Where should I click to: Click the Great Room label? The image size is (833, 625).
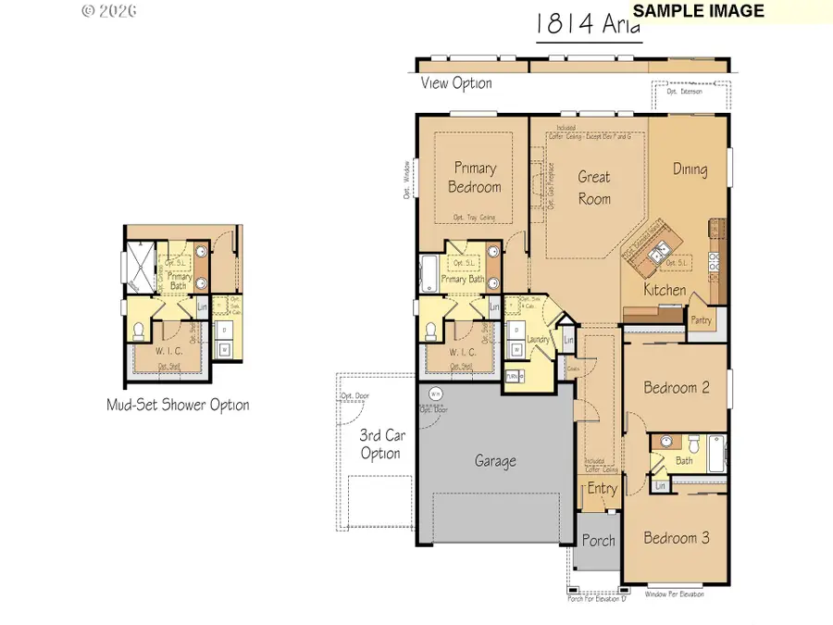coord(594,187)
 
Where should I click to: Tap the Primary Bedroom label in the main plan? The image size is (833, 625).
coord(475,178)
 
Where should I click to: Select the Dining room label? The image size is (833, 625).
coord(690,169)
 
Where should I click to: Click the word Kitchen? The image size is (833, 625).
coord(665,290)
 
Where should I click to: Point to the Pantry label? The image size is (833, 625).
coord(701,319)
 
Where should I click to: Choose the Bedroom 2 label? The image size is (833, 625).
coord(677,388)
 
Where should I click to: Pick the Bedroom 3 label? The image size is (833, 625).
coord(677,538)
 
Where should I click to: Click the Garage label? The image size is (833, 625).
coord(495,461)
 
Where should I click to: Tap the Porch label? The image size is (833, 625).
coord(598,541)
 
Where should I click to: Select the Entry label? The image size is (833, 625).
coord(602,489)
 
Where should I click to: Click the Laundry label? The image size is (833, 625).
coord(539,340)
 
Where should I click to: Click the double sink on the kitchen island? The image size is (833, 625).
coord(663,252)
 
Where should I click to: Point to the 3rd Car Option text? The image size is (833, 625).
coord(380,444)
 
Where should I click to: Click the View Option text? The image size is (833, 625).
coord(456,83)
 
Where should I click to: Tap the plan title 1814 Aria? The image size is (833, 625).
coord(588,25)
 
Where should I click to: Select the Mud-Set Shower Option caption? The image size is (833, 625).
coord(178,405)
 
